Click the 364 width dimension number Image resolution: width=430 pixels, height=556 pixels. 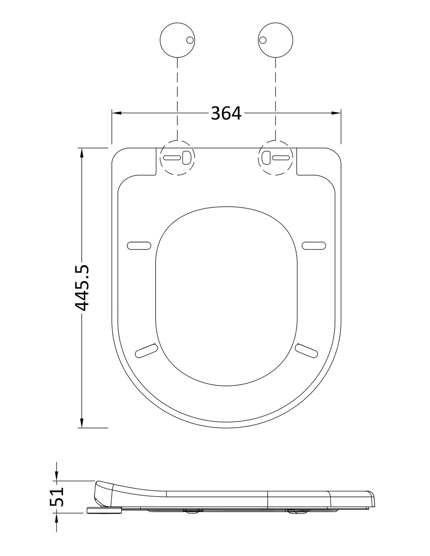pos(226,113)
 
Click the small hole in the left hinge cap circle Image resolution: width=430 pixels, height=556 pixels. pos(190,40)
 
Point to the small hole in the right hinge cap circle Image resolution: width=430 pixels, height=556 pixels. pos(263,40)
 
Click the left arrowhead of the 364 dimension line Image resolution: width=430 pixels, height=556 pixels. pos(116,113)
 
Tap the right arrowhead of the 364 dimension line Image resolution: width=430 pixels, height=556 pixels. pos(336,113)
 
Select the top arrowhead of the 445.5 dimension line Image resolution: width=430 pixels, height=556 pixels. pos(82,153)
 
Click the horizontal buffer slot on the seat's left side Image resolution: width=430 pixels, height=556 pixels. pos(139,245)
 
